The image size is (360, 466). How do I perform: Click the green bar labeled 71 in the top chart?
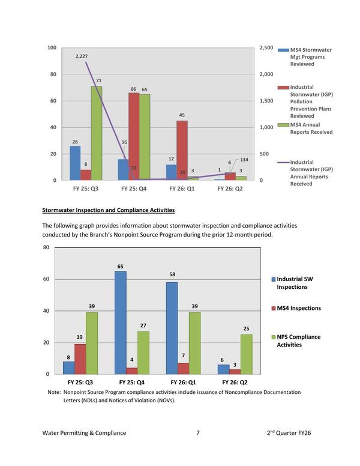(x=97, y=133)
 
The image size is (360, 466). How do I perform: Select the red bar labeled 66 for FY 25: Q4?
(x=133, y=136)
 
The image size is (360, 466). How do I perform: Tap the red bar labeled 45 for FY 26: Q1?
(x=182, y=150)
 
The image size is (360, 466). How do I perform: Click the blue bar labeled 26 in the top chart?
(x=75, y=163)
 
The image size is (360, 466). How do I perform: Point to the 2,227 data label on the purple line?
(x=83, y=56)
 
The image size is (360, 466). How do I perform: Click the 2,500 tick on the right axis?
(x=266, y=48)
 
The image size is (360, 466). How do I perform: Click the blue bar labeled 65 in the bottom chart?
(x=121, y=322)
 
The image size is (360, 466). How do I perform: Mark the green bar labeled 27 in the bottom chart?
(x=143, y=353)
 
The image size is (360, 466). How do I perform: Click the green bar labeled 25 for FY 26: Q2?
(x=245, y=354)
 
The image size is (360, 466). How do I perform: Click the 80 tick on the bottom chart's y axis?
(x=46, y=247)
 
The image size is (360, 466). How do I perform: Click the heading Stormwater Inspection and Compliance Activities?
(x=108, y=210)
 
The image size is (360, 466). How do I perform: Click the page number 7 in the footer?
(x=197, y=432)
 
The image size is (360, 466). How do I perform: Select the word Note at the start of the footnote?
(x=53, y=392)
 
